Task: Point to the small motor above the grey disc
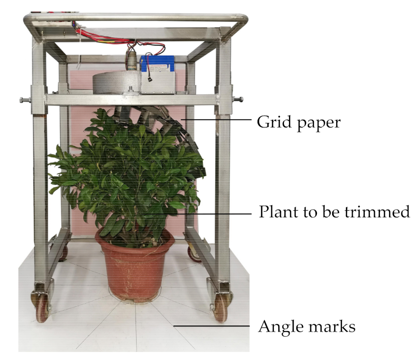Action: pos(133,60)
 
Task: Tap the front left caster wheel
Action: pos(42,306)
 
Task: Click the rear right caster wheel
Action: pos(195,252)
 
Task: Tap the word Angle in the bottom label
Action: pos(279,326)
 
